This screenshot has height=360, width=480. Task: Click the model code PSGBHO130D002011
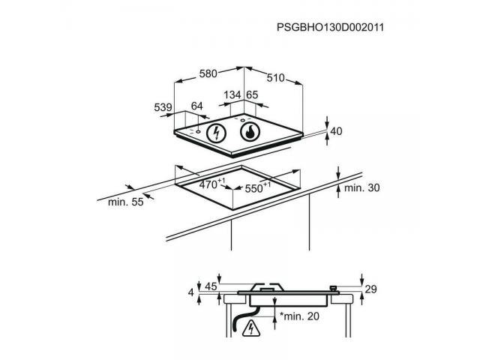point(330,28)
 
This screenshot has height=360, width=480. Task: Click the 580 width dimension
point(208,73)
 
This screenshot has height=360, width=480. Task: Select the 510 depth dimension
point(275,78)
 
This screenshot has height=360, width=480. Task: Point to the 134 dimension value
point(232,95)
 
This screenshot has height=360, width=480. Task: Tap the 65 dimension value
point(252,95)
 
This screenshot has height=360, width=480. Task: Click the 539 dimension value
point(163,107)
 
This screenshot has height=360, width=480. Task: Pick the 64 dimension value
point(196,106)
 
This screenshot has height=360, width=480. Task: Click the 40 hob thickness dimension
point(336,131)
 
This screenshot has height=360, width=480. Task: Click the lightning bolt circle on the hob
point(217,133)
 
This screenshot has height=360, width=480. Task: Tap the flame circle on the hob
point(250,132)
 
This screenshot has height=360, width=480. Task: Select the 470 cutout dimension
point(211,184)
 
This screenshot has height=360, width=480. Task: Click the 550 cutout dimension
point(258,187)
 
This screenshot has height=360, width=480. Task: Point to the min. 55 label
point(126,202)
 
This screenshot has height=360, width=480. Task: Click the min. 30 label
point(361,187)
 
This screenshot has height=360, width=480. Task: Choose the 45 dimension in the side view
point(211,286)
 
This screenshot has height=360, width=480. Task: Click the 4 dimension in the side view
point(191,292)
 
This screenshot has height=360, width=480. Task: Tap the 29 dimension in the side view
point(370,289)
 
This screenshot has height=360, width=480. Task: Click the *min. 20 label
point(299,316)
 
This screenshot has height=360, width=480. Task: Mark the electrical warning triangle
point(251,328)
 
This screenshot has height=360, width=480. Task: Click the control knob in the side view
point(333,288)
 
